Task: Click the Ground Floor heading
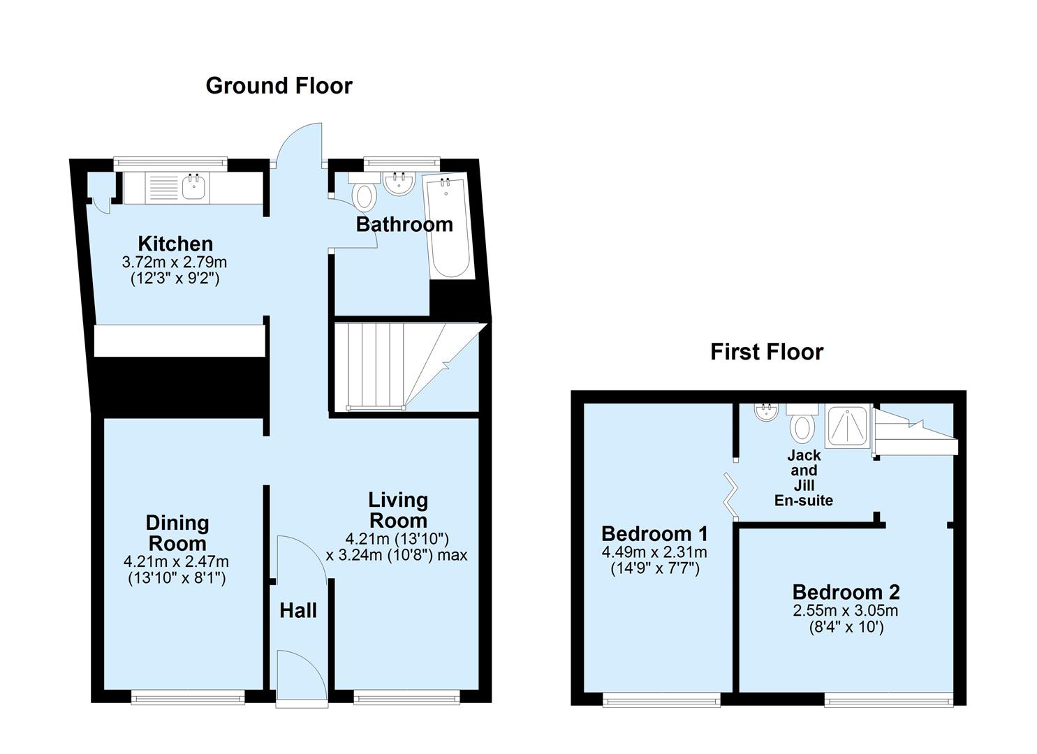(279, 86)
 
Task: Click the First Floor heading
(766, 352)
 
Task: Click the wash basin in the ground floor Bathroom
(399, 183)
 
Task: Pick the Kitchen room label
(175, 244)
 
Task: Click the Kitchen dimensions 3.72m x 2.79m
(175, 263)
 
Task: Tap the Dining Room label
(177, 533)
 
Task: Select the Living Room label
(398, 510)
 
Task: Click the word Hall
(298, 611)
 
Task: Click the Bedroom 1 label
(654, 534)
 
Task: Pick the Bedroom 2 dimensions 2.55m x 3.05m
(845, 611)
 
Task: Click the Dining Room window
(188, 696)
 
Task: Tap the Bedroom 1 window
(661, 698)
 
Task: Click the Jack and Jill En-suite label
(804, 478)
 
